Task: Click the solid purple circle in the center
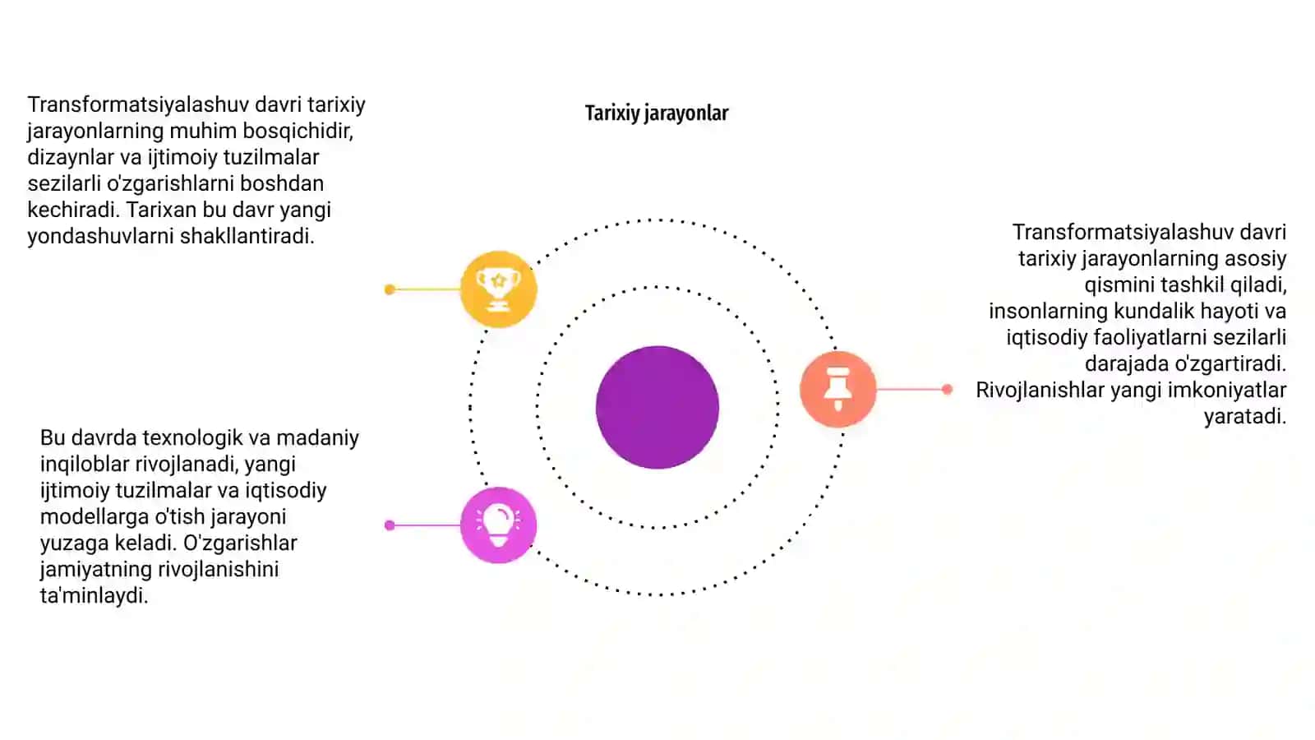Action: pyautogui.click(x=657, y=407)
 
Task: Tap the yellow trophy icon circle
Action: pyautogui.click(x=498, y=289)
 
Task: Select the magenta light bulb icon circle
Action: pyautogui.click(x=498, y=525)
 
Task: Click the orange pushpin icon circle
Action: pyautogui.click(x=837, y=389)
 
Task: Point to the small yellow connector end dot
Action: pyautogui.click(x=390, y=289)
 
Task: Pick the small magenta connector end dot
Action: pyautogui.click(x=390, y=525)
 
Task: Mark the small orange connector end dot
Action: pyautogui.click(x=947, y=389)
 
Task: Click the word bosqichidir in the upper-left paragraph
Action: pyautogui.click(x=298, y=131)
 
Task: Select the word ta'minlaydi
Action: pyautogui.click(x=94, y=595)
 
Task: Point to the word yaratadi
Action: pyautogui.click(x=1245, y=416)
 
